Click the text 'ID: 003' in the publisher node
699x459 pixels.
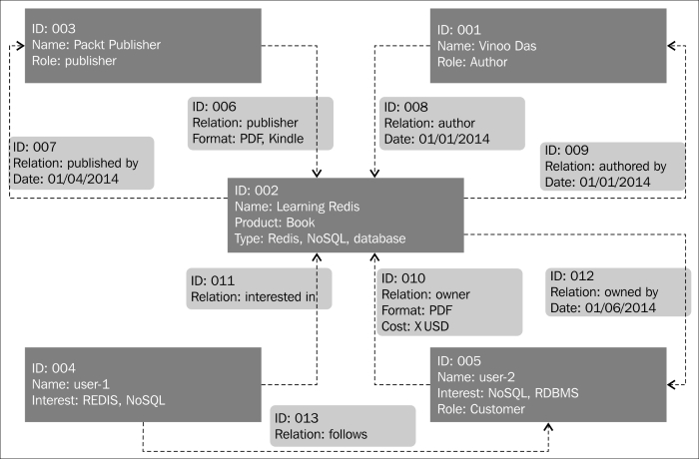pyautogui.click(x=54, y=29)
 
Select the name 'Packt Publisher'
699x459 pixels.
pyautogui.click(x=117, y=45)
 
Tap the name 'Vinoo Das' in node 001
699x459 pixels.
pyautogui.click(x=507, y=46)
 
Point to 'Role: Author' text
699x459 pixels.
pyautogui.click(x=472, y=62)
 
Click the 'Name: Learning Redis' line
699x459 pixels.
pyautogui.click(x=297, y=207)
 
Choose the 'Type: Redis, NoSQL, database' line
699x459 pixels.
pyautogui.click(x=321, y=238)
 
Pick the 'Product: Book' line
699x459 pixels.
pyautogui.click(x=275, y=223)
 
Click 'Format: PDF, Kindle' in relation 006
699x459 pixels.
pyautogui.click(x=248, y=139)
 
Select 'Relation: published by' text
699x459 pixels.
pyautogui.click(x=75, y=163)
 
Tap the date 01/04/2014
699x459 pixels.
pyautogui.click(x=83, y=180)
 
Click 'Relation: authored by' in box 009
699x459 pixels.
pyautogui.click(x=605, y=167)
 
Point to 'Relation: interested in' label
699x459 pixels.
pyautogui.click(x=254, y=296)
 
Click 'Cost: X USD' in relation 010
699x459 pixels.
pyautogui.click(x=415, y=326)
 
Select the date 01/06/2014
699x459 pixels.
pyautogui.click(x=620, y=308)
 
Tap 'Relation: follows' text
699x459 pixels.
pyautogui.click(x=321, y=434)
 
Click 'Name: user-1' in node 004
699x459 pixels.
pyautogui.click(x=71, y=384)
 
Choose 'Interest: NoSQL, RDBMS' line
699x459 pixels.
pyautogui.click(x=507, y=393)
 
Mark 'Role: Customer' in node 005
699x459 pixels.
pyautogui.click(x=481, y=409)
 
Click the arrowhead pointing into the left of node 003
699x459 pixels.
pyautogui.click(x=20, y=46)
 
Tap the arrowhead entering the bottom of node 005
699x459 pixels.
pyautogui.click(x=548, y=427)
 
